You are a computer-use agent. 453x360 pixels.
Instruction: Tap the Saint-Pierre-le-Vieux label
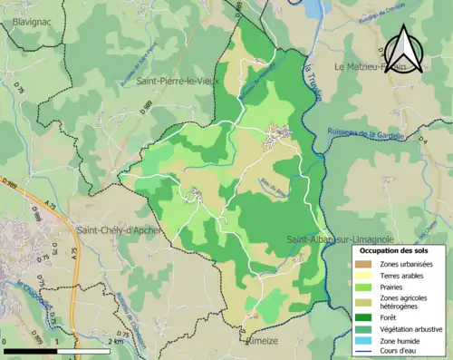[x=178, y=81]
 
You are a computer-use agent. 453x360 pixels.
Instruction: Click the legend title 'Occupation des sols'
[x=395, y=249]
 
